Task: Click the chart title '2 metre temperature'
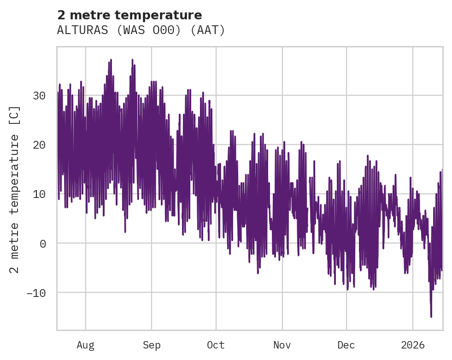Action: pyautogui.click(x=129, y=15)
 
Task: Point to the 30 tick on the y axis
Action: pyautogui.click(x=39, y=96)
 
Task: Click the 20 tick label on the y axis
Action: pyautogui.click(x=39, y=145)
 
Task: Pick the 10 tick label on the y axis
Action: pyautogui.click(x=39, y=194)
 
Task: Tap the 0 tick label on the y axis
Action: pyautogui.click(x=43, y=244)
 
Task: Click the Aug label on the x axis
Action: pyautogui.click(x=86, y=345)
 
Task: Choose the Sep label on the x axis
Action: pyautogui.click(x=152, y=345)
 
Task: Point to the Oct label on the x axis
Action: pyautogui.click(x=216, y=345)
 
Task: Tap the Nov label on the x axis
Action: pyautogui.click(x=282, y=345)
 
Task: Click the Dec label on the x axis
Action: pyautogui.click(x=346, y=345)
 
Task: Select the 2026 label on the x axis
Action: pyautogui.click(x=412, y=345)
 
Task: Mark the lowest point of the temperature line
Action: pyautogui.click(x=431, y=317)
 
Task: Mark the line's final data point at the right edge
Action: pyautogui.click(x=442, y=170)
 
